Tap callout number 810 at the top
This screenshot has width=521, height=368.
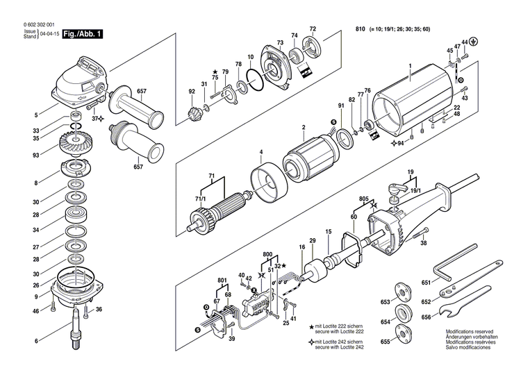360,30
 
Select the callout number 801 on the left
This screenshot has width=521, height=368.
222,281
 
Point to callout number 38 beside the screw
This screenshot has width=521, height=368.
424,244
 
